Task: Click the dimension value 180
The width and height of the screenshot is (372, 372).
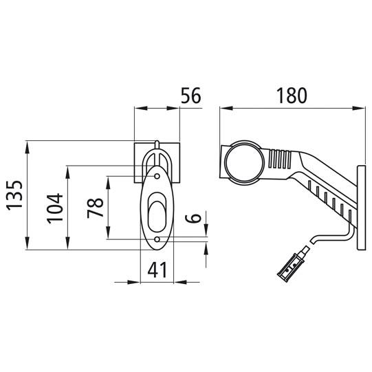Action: pyautogui.click(x=291, y=96)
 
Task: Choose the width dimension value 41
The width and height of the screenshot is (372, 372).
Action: pyautogui.click(x=158, y=272)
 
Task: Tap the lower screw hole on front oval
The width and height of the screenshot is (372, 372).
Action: pyautogui.click(x=157, y=240)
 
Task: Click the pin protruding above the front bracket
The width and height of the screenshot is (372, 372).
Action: pyautogui.click(x=157, y=145)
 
